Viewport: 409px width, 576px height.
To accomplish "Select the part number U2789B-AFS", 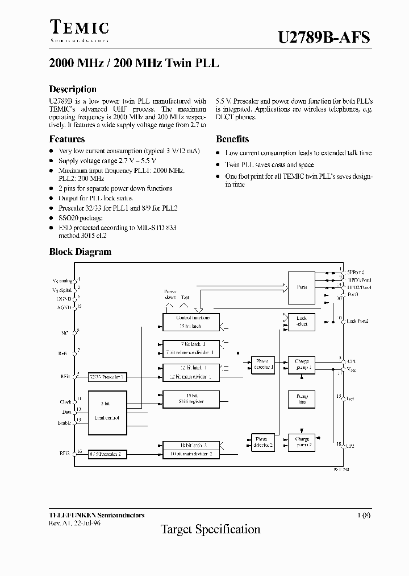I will (324, 38).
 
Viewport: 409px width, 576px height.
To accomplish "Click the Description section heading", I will (73, 89).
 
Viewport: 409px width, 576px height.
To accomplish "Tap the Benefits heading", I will (232, 139).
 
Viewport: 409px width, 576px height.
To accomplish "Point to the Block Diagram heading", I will (80, 252).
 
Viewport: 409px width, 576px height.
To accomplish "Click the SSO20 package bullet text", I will (80, 218).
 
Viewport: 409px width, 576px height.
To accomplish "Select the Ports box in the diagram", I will (302, 287).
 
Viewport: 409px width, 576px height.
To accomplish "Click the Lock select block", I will (302, 321).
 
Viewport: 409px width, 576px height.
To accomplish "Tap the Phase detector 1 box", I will (263, 364).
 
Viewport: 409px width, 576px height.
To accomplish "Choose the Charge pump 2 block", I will (302, 442).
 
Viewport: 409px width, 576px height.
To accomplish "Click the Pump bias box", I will (302, 399).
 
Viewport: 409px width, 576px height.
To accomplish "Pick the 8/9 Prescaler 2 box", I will (107, 454).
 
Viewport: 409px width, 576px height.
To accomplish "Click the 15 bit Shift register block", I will (190, 399).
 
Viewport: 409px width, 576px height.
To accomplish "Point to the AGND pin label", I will (64, 307).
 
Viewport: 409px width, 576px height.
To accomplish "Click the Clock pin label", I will (65, 402).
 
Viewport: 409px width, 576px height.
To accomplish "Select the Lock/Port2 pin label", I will (357, 321).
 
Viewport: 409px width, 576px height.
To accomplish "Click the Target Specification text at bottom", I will (211, 530).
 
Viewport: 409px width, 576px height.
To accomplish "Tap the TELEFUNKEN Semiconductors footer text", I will (97, 515).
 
